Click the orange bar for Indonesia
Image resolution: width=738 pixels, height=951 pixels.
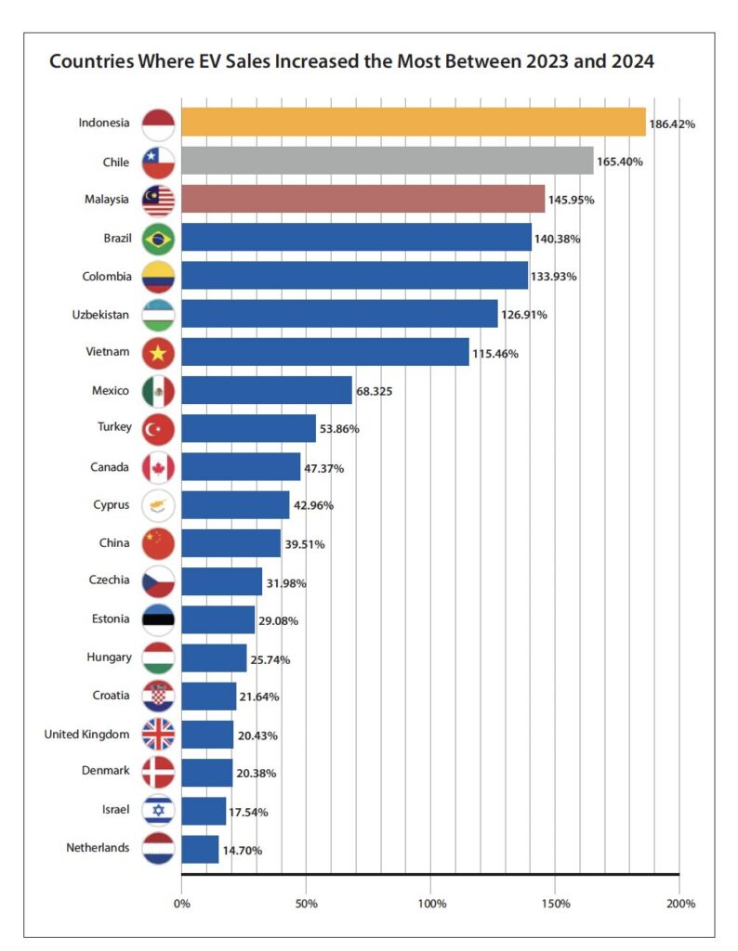[413, 123]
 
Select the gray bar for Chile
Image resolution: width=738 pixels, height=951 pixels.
[387, 161]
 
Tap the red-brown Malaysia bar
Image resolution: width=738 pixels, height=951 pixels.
[362, 199]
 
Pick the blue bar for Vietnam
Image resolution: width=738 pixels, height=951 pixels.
[324, 353]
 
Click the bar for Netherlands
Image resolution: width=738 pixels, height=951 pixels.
[200, 849]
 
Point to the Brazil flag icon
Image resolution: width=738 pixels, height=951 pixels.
[158, 239]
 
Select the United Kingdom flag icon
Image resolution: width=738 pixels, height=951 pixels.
[158, 735]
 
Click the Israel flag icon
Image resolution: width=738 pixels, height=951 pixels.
[158, 811]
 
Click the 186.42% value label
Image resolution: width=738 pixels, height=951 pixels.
[673, 124]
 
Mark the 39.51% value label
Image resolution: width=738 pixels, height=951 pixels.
[304, 544]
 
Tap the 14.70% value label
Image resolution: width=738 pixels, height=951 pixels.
[244, 850]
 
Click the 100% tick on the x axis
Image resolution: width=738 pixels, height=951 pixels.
[431, 903]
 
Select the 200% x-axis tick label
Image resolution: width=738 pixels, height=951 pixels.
[679, 903]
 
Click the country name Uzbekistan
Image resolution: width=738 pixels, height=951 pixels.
[101, 315]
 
